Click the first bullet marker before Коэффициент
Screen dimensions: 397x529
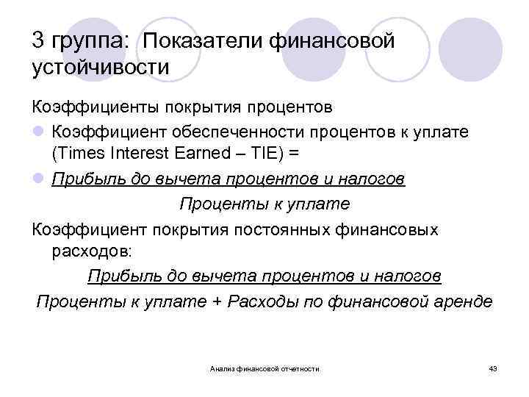[37, 132]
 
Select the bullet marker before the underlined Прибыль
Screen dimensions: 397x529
[37, 179]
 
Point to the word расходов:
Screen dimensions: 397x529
[93, 252]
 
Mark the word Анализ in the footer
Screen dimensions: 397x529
[223, 368]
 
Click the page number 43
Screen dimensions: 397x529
[492, 368]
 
